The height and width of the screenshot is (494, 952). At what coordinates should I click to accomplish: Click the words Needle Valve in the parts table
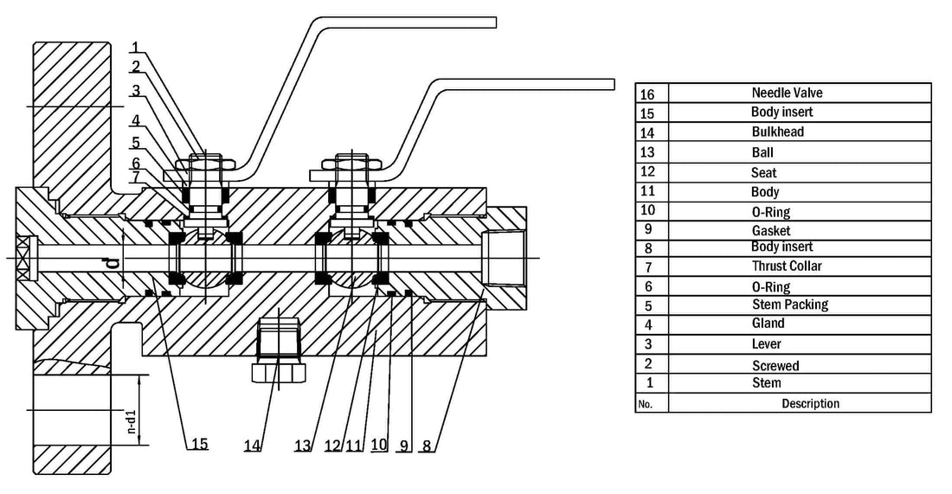[788, 93]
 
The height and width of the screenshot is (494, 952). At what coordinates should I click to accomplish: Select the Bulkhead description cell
[777, 132]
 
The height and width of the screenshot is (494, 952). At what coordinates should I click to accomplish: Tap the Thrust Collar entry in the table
[787, 266]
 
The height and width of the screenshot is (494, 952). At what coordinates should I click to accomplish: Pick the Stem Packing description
[789, 305]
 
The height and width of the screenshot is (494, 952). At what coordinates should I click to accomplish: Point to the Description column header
[810, 404]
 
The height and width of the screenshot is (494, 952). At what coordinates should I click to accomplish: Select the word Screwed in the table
[775, 366]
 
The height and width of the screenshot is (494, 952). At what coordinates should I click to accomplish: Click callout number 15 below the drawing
[200, 444]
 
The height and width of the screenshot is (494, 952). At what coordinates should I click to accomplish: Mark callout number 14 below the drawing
[252, 445]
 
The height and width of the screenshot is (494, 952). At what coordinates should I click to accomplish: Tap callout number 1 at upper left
[136, 47]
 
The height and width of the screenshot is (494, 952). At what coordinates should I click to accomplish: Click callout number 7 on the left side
[136, 176]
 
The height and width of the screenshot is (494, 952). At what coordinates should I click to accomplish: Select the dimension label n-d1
[131, 420]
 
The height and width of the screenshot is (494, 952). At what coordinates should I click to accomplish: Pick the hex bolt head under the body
[277, 373]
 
